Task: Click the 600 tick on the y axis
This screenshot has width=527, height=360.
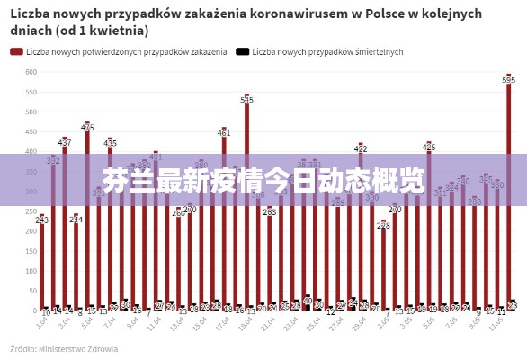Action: [30, 72]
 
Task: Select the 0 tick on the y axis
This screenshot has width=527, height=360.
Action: [33, 310]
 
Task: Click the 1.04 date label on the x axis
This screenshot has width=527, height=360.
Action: [42, 321]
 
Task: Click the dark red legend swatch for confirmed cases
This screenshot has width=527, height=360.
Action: [16, 52]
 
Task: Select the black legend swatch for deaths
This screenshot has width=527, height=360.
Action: [242, 52]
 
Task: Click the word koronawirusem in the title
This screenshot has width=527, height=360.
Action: [296, 13]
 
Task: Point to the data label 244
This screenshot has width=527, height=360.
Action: [76, 219]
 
